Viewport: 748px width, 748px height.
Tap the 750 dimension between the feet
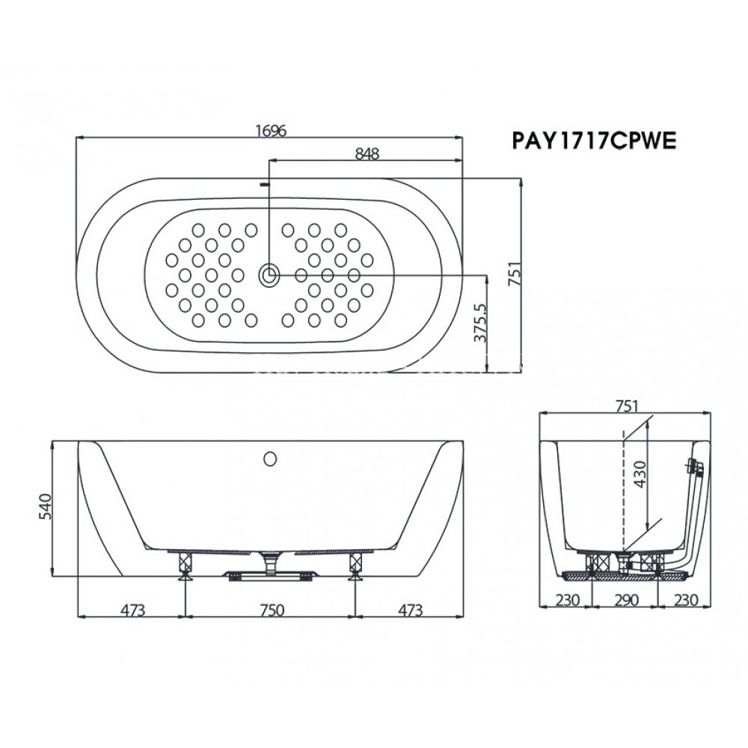point(271,610)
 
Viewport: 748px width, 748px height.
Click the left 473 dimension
point(132,610)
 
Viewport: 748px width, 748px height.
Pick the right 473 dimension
point(409,610)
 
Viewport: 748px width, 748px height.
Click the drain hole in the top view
point(269,275)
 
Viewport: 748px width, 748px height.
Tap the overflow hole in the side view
point(271,456)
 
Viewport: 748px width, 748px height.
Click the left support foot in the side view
point(184,564)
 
